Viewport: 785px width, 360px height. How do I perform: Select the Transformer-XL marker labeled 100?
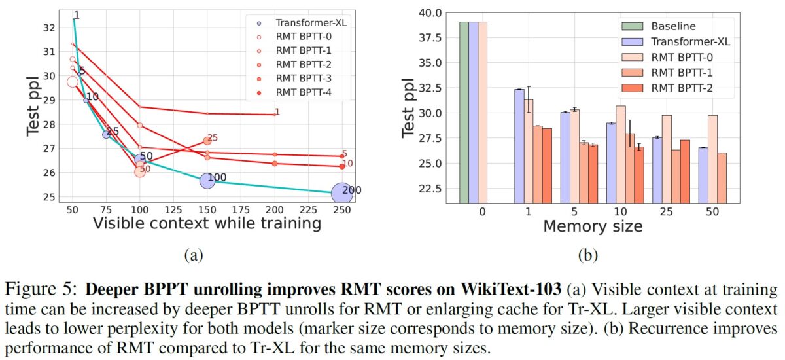click(207, 181)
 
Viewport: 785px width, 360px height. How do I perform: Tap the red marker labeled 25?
click(207, 141)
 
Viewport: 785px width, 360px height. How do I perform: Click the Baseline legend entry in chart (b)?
click(672, 26)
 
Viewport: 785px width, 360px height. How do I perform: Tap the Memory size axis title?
click(593, 226)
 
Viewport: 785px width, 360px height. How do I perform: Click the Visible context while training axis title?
click(207, 225)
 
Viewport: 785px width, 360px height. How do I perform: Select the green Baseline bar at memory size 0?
click(464, 111)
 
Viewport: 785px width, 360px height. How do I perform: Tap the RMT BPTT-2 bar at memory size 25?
click(685, 171)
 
